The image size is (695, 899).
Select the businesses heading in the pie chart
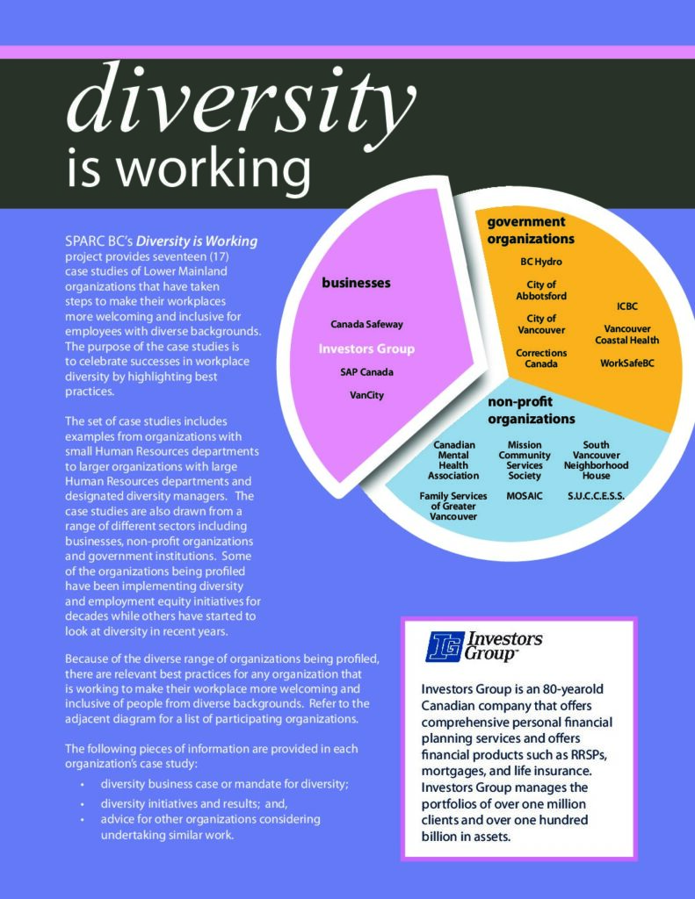(356, 284)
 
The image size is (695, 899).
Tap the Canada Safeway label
(366, 324)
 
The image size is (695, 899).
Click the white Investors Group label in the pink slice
(366, 349)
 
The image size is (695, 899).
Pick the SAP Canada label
(366, 372)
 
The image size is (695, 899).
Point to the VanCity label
(366, 395)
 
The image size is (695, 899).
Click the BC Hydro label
(541, 262)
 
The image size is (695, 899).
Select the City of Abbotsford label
(541, 291)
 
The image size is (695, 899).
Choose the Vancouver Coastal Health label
(626, 334)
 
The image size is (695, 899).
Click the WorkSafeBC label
(627, 363)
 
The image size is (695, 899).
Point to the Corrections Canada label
(541, 358)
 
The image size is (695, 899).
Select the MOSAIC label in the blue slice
(525, 497)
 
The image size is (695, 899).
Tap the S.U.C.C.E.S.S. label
(596, 497)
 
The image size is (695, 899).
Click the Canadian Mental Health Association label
(453, 461)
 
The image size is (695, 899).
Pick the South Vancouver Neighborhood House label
(596, 461)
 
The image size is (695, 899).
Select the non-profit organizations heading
(532, 410)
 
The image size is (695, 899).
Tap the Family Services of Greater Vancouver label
(453, 507)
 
